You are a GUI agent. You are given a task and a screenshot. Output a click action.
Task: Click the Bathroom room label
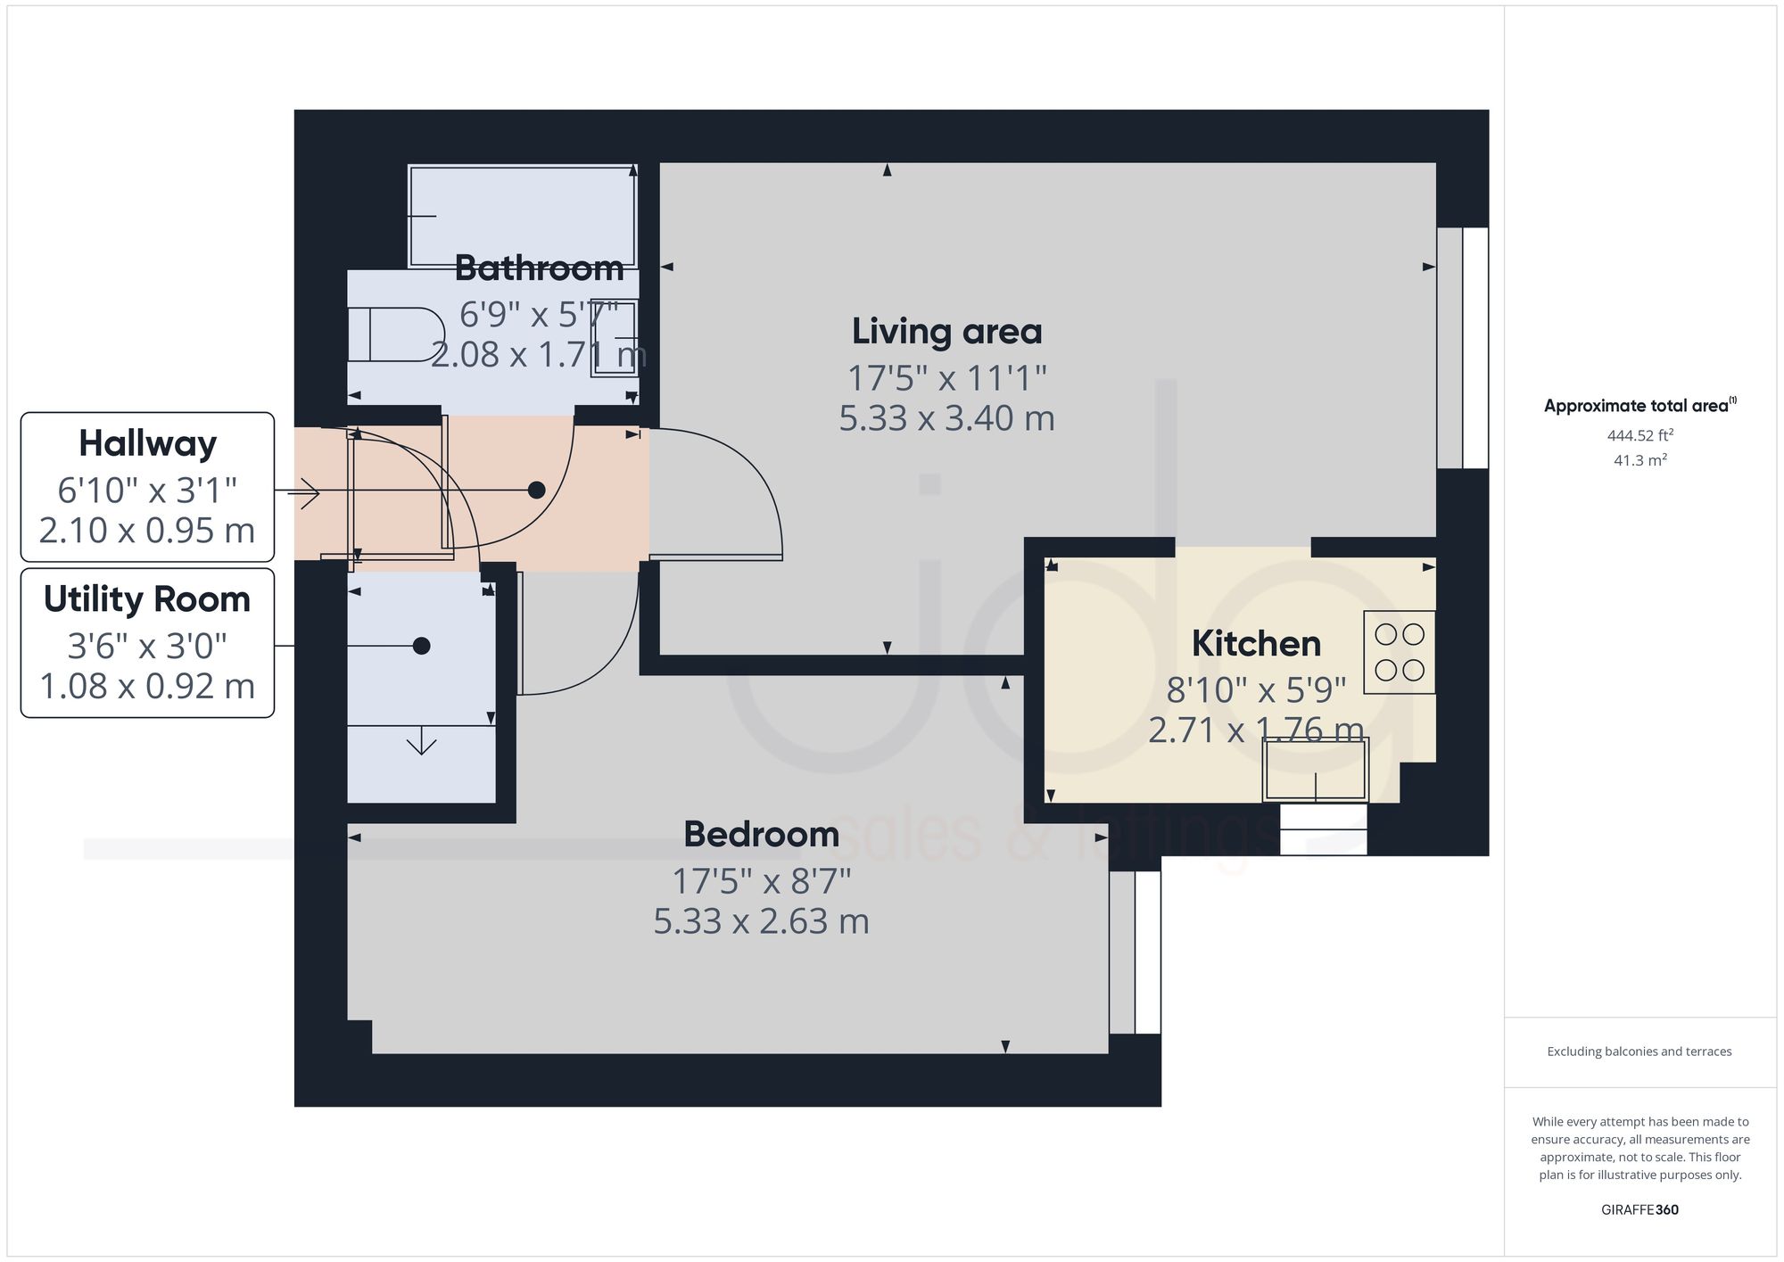coord(539,268)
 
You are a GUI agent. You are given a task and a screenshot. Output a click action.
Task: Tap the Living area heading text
coord(946,332)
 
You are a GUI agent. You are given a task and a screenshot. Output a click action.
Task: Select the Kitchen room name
coord(1256,644)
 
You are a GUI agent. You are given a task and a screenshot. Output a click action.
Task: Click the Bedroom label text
coord(761,835)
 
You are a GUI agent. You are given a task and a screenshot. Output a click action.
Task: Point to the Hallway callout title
coord(147,443)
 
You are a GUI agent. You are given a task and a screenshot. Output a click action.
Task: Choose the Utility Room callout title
coord(147,599)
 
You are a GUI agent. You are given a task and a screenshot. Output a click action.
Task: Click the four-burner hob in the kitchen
coord(1399,652)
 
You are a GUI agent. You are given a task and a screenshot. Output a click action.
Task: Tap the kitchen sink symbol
coord(1315,770)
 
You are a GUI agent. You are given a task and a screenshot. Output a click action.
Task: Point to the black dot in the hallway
coord(536,490)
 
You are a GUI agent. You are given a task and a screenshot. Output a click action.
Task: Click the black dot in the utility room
coord(422,646)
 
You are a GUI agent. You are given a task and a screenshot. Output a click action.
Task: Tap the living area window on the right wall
coord(1463,348)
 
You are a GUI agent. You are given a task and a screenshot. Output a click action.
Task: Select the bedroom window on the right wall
coord(1136,952)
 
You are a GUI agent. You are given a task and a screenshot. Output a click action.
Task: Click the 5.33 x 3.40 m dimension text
coord(946,418)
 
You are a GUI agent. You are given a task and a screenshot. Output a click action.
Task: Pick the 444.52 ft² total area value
coord(1639,436)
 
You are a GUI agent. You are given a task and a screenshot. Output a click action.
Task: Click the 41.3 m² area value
coord(1639,461)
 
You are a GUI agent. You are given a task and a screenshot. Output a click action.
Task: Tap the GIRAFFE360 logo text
coord(1639,1209)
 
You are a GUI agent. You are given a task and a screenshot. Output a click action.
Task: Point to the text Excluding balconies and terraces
coord(1639,1052)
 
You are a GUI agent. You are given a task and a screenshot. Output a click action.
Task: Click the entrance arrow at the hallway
coord(303,492)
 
